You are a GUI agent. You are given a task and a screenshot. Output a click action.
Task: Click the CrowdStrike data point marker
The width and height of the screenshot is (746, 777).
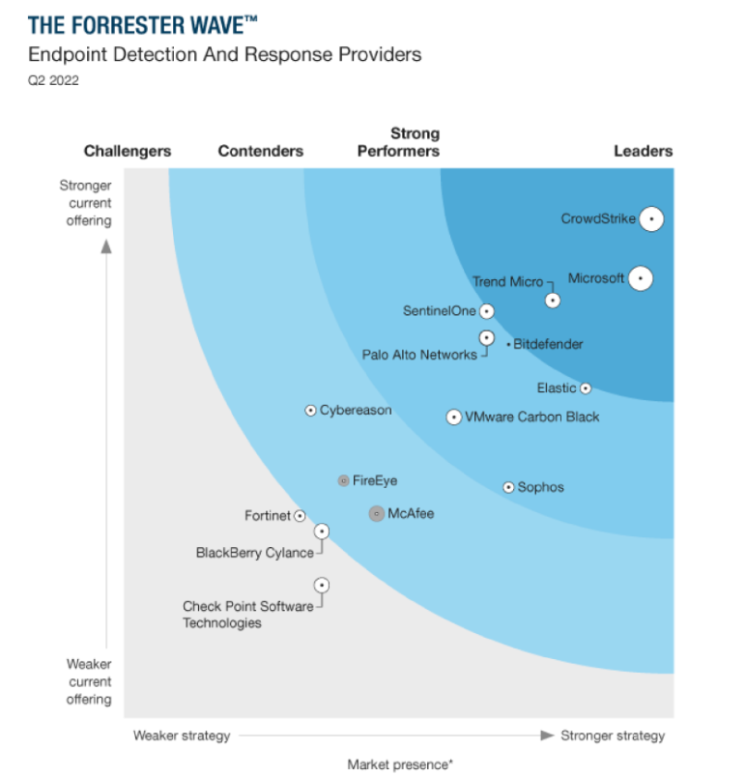point(651,219)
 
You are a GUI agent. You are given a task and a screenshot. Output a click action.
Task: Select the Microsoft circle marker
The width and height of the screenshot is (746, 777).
point(640,278)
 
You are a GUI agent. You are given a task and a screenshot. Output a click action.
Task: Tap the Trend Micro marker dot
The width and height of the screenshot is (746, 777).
point(553,300)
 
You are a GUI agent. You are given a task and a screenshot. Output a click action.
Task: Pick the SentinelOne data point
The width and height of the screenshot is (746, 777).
point(486,311)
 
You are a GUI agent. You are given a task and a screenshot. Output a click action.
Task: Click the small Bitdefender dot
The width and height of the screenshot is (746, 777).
point(508,344)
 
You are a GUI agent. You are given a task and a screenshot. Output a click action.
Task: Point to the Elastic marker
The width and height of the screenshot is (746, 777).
point(585,388)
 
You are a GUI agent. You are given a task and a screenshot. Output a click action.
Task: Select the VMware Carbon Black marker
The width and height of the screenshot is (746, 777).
point(453,417)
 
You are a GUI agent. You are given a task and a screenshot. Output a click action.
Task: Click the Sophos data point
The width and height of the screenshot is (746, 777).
point(508,487)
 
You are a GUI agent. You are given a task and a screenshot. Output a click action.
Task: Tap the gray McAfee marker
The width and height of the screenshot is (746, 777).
point(377,514)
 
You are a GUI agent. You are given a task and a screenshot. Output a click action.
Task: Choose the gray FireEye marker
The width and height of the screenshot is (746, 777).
point(343,480)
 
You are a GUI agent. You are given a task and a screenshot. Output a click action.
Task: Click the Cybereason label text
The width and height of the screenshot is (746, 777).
point(356,411)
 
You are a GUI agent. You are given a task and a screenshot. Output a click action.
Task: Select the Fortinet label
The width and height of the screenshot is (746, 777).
point(267,516)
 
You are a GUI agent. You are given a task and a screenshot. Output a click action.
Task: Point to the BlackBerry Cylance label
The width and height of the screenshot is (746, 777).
point(254,553)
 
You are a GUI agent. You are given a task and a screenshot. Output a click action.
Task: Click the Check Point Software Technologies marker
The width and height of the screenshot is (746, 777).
point(321,585)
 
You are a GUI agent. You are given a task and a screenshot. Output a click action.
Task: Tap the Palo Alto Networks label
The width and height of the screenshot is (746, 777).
point(419,355)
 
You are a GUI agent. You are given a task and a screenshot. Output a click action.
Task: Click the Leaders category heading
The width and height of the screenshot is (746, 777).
point(643,151)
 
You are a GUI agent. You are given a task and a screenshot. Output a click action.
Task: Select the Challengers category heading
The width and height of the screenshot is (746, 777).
point(128,151)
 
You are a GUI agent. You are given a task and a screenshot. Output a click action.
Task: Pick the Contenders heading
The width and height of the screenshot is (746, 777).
point(260,151)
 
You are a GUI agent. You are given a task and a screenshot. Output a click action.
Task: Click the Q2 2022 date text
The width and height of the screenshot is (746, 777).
point(53,80)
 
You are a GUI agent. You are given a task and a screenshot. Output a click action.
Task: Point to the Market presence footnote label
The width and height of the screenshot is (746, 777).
point(400,764)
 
